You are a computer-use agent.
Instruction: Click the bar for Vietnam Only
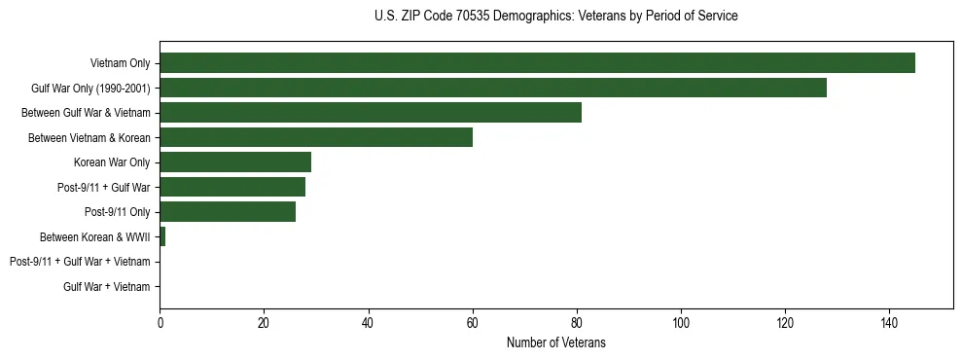[x=537, y=63]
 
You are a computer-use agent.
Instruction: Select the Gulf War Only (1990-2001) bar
[x=493, y=88]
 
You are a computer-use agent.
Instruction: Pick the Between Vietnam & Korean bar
[x=316, y=137]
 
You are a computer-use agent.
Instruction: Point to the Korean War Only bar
[x=235, y=162]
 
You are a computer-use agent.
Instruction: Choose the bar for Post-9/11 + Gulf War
[x=232, y=187]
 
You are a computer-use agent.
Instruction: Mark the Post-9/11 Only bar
[x=228, y=211]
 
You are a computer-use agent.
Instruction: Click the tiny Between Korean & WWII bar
[x=162, y=236]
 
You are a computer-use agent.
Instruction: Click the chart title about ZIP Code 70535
[x=555, y=17]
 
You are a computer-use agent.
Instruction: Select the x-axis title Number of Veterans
[x=555, y=342]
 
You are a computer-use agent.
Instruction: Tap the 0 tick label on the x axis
[x=160, y=322]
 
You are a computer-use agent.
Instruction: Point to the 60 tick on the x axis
[x=473, y=322]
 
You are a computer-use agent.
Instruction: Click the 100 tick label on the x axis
[x=681, y=322]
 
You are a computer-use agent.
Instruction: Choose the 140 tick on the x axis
[x=889, y=322]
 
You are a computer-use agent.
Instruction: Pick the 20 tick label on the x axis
[x=265, y=322]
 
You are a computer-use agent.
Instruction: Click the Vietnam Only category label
[x=120, y=64]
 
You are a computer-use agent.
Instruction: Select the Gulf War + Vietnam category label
[x=107, y=286]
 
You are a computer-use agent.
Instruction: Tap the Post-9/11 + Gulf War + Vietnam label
[x=80, y=262]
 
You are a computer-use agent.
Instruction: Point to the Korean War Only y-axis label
[x=112, y=162]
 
